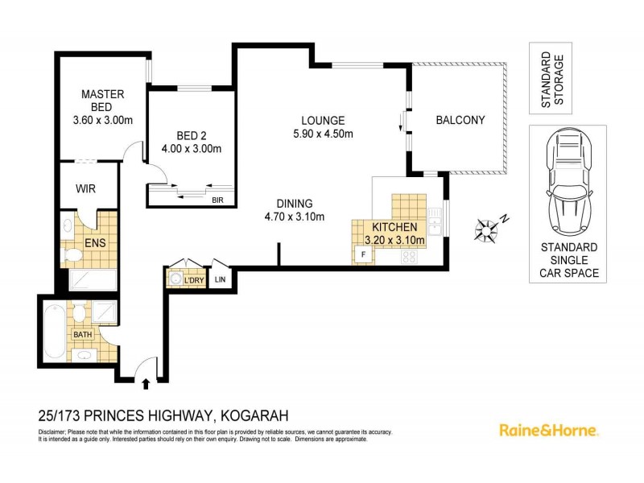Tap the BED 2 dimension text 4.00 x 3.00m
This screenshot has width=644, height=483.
click(x=192, y=148)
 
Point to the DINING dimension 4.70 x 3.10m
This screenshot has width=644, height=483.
click(x=294, y=217)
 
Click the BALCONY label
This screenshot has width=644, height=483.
click(x=460, y=121)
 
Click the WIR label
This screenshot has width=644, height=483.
click(x=86, y=189)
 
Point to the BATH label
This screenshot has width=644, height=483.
click(x=83, y=334)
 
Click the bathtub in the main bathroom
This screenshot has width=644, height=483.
click(x=53, y=330)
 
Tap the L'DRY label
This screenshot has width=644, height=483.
click(x=195, y=279)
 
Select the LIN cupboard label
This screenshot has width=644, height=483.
click(x=221, y=279)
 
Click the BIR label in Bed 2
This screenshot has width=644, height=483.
click(x=217, y=200)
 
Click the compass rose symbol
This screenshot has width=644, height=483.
click(x=485, y=229)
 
